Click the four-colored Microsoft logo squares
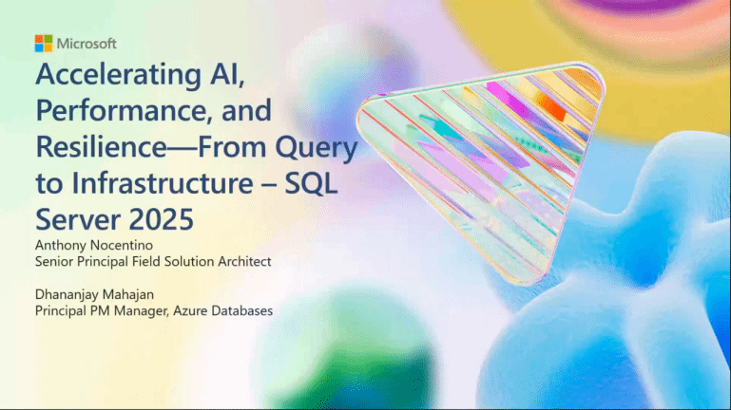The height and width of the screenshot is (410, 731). (44, 43)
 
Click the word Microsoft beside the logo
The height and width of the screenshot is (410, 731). (87, 43)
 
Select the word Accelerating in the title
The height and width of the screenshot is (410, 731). (118, 74)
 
